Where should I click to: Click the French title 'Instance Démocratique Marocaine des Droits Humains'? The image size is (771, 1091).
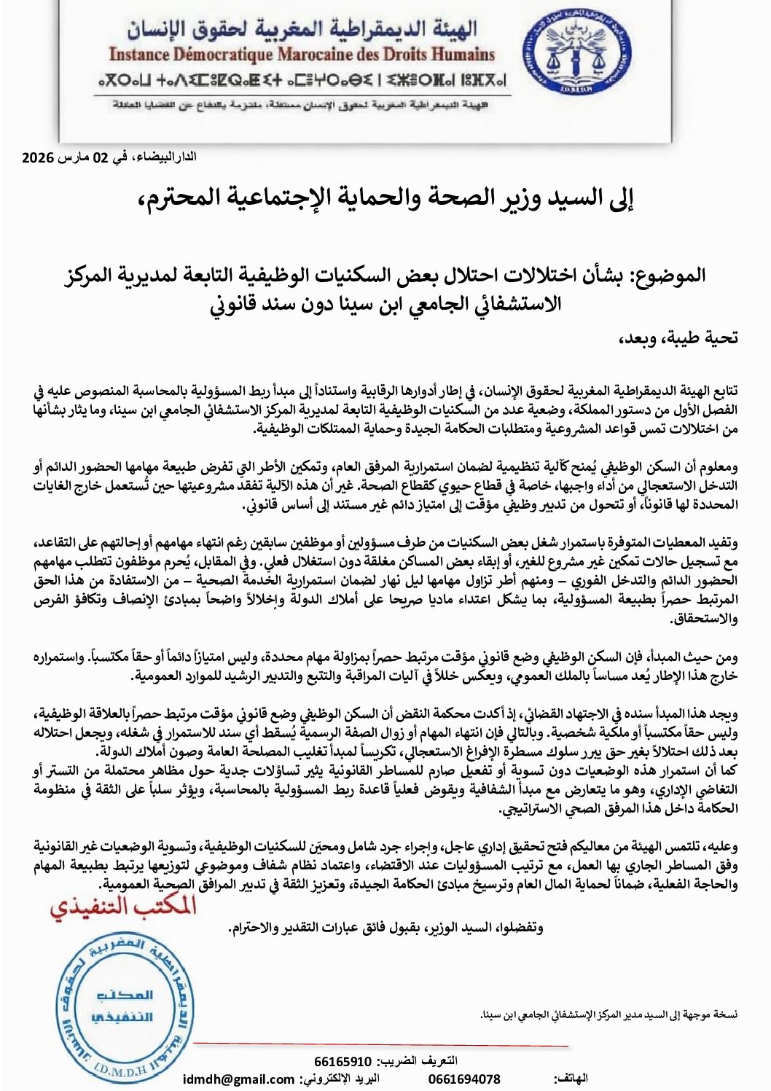point(302,55)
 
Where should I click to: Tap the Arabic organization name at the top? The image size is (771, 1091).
point(302,28)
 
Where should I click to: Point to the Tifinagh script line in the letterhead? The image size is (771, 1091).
point(302,79)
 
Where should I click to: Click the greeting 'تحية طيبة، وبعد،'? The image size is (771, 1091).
point(678,337)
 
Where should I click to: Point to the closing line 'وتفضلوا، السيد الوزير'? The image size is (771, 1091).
point(385,928)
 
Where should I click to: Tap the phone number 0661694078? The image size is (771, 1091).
point(464,1079)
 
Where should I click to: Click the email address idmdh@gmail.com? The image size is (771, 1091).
point(239,1079)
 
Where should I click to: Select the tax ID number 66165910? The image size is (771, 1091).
point(343,1061)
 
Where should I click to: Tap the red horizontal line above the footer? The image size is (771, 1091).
point(379,1045)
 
